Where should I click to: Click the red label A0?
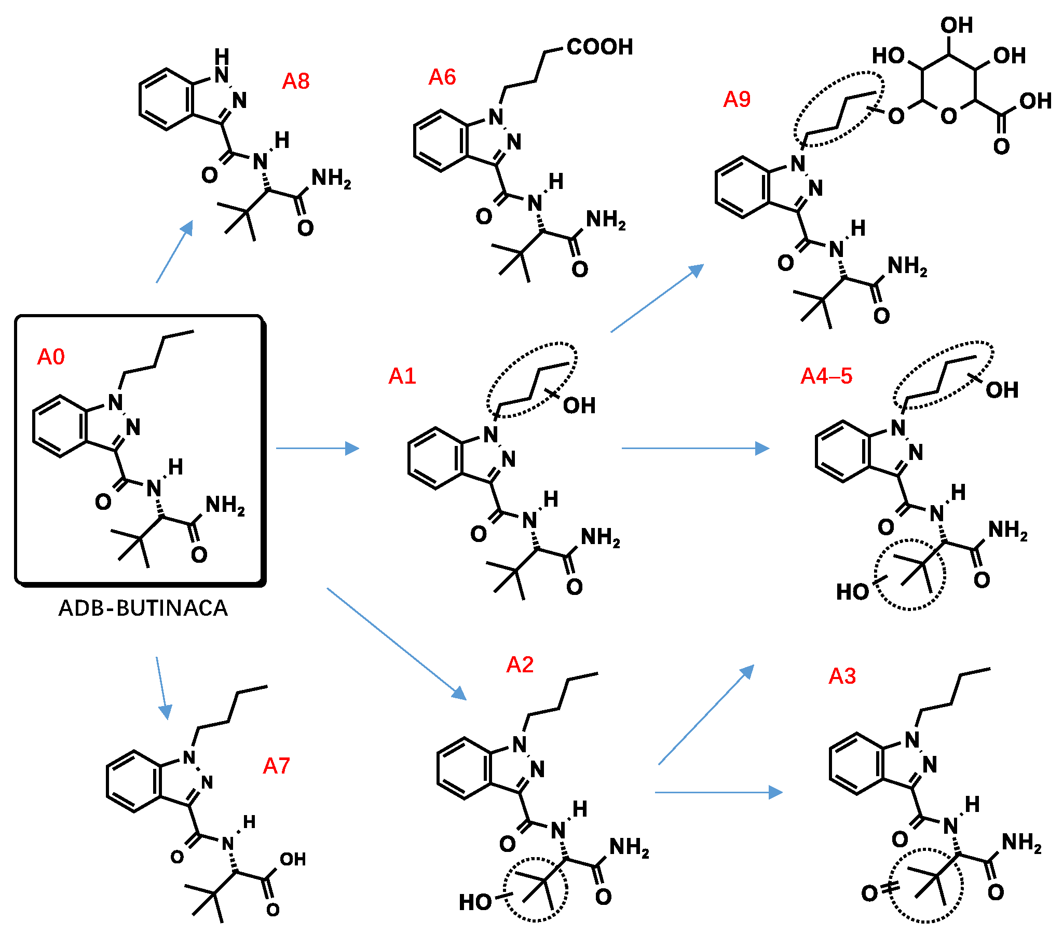point(51,357)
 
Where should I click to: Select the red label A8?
point(296,81)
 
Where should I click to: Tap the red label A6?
point(442,77)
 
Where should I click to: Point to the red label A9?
point(737,99)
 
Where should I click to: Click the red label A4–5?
point(826,376)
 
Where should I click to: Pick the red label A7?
point(277,766)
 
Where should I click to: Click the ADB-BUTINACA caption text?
point(143,608)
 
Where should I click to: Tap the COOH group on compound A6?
point(599,47)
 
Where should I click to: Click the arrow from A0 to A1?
point(317,448)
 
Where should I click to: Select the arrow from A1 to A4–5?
point(695,448)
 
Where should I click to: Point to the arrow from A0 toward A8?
point(175,251)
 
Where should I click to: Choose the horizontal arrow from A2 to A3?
point(718,792)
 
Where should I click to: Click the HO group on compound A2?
point(475,902)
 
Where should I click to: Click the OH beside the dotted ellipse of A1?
point(579,405)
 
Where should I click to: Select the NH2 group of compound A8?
point(331,179)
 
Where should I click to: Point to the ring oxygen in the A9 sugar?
point(949,115)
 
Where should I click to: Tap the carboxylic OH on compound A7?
point(293,859)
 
